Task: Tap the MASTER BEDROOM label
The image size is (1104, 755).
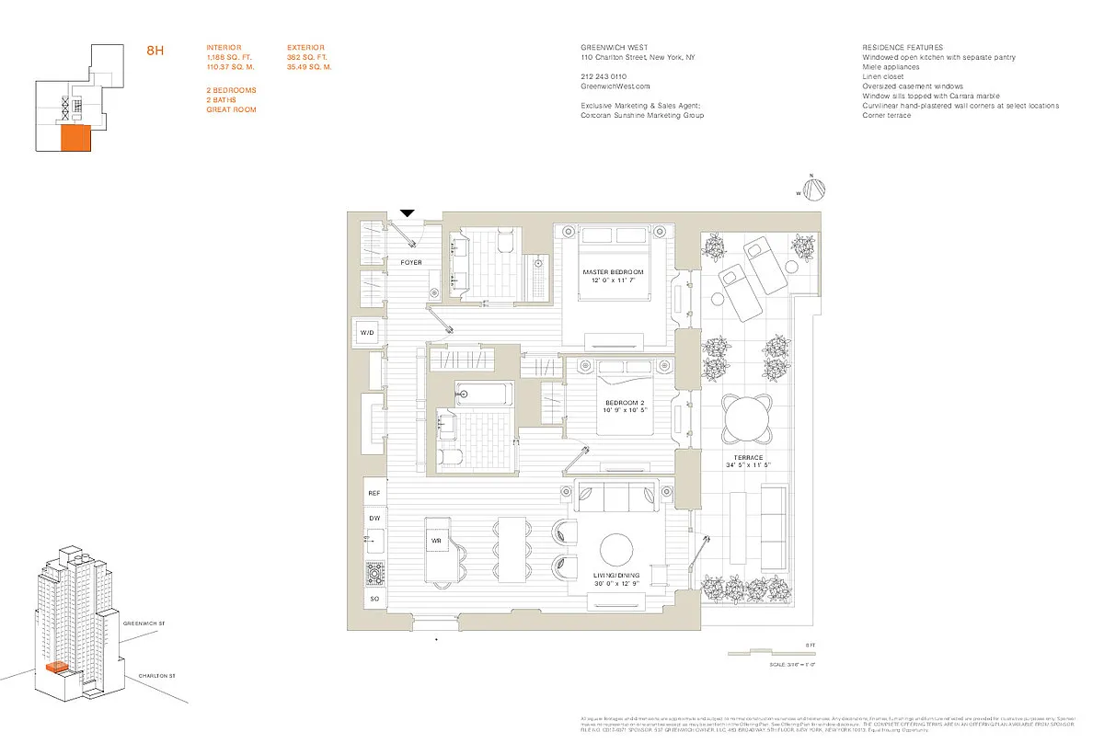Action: pyautogui.click(x=613, y=273)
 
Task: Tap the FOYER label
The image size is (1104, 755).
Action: pyautogui.click(x=410, y=263)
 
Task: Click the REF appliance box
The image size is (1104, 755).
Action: pyautogui.click(x=374, y=494)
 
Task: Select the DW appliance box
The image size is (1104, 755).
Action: pyautogui.click(x=374, y=520)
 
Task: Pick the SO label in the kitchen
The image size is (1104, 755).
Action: pyautogui.click(x=374, y=600)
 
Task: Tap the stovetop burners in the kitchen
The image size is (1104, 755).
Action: pyautogui.click(x=374, y=573)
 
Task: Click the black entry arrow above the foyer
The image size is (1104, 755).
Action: pyautogui.click(x=408, y=213)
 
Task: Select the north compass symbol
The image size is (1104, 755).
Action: pyautogui.click(x=813, y=189)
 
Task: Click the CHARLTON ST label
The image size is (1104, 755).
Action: pyautogui.click(x=156, y=676)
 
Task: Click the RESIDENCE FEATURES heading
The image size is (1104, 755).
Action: pyautogui.click(x=903, y=48)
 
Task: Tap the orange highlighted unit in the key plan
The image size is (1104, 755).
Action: pyautogui.click(x=75, y=139)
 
